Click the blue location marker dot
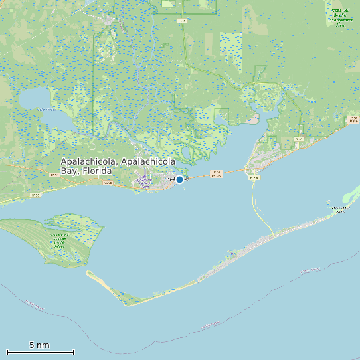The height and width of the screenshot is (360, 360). point(179,179)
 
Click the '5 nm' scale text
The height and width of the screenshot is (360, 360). point(39,345)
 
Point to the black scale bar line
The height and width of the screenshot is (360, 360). point(40,352)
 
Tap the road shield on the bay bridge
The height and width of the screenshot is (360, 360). point(215,173)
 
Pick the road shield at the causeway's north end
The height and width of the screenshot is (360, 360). point(253,178)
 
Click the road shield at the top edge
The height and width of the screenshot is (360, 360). point(183,21)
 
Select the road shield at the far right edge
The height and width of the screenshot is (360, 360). point(352,120)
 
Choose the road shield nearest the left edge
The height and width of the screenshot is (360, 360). point(35,195)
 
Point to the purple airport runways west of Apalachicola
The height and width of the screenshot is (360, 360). point(143,179)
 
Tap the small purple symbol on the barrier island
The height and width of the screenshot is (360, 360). point(232,253)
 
